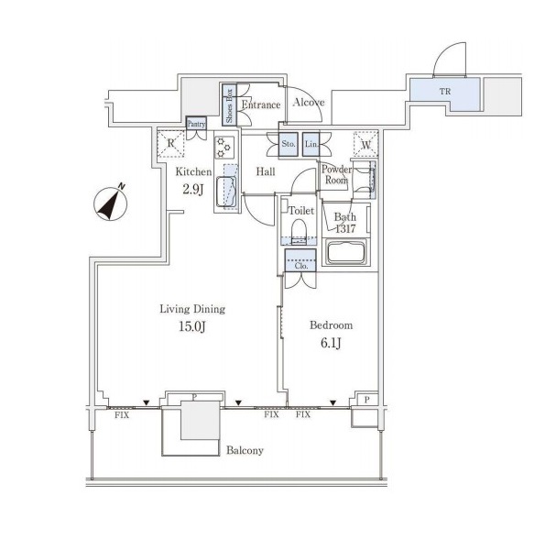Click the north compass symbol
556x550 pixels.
(x=110, y=204)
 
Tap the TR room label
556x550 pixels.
(x=445, y=91)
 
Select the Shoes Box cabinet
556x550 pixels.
(x=229, y=104)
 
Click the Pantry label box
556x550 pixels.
(x=196, y=124)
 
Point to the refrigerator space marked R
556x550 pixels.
(x=171, y=143)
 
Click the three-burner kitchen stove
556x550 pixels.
(x=224, y=147)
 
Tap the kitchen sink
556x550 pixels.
(x=226, y=192)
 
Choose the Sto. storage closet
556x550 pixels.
(x=289, y=144)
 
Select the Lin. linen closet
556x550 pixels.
(x=311, y=144)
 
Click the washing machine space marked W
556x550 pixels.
(x=366, y=144)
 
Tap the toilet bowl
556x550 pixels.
(x=299, y=231)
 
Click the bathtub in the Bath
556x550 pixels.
(x=346, y=251)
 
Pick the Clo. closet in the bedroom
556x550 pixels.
(x=300, y=260)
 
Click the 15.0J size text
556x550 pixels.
(x=191, y=326)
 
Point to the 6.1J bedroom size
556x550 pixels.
(x=332, y=343)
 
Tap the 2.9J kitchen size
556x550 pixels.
(x=193, y=190)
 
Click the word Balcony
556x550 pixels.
(x=245, y=451)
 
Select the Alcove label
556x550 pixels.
(x=309, y=103)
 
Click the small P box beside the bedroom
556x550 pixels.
(x=367, y=400)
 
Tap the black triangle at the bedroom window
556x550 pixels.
(x=333, y=402)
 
